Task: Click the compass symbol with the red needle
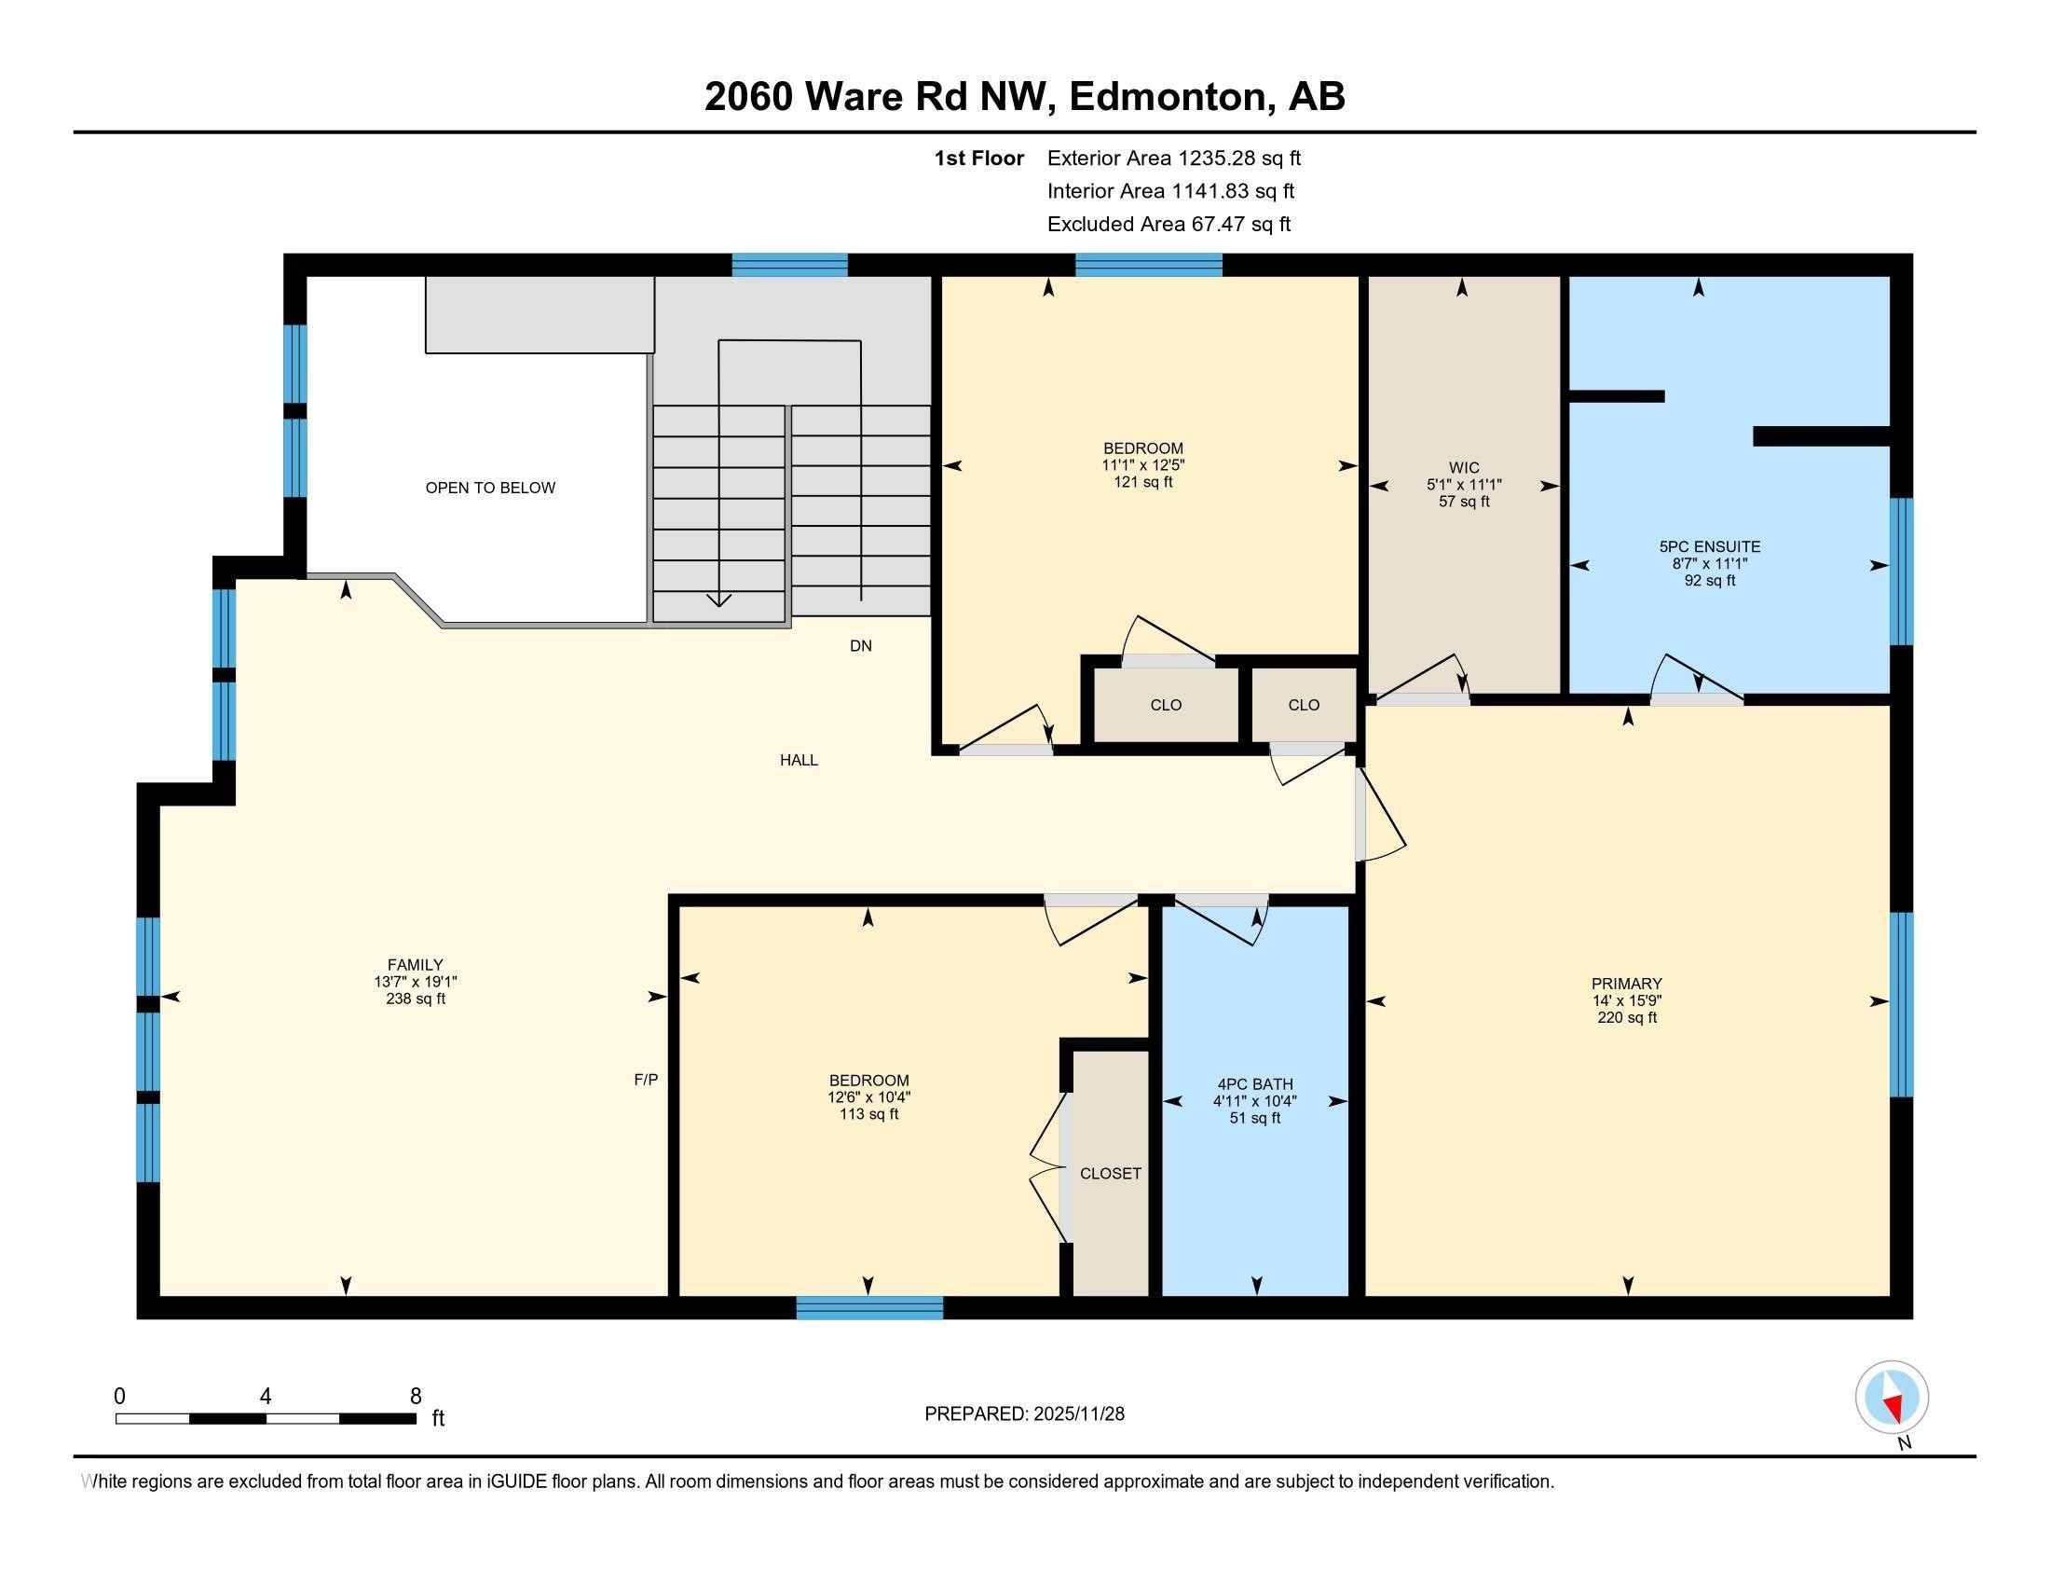click(1892, 1398)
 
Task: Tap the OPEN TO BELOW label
click(490, 488)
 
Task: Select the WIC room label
click(1463, 468)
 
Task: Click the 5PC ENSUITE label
click(1709, 546)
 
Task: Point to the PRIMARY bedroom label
click(1627, 984)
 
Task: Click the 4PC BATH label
click(1254, 1083)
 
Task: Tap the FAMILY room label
click(415, 964)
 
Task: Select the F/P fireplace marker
click(646, 1080)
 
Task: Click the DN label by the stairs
click(861, 646)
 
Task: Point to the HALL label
click(799, 760)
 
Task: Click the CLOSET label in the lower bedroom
click(1111, 1174)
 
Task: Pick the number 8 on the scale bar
click(415, 1397)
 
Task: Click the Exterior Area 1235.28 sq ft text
click(1173, 158)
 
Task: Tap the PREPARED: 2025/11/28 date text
click(1024, 1414)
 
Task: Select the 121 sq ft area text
click(1142, 483)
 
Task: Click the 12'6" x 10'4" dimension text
click(868, 1096)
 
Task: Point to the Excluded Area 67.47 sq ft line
click(1168, 225)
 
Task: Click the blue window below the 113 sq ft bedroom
click(869, 1307)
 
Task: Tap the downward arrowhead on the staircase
click(718, 600)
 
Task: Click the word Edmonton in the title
click(1168, 97)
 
